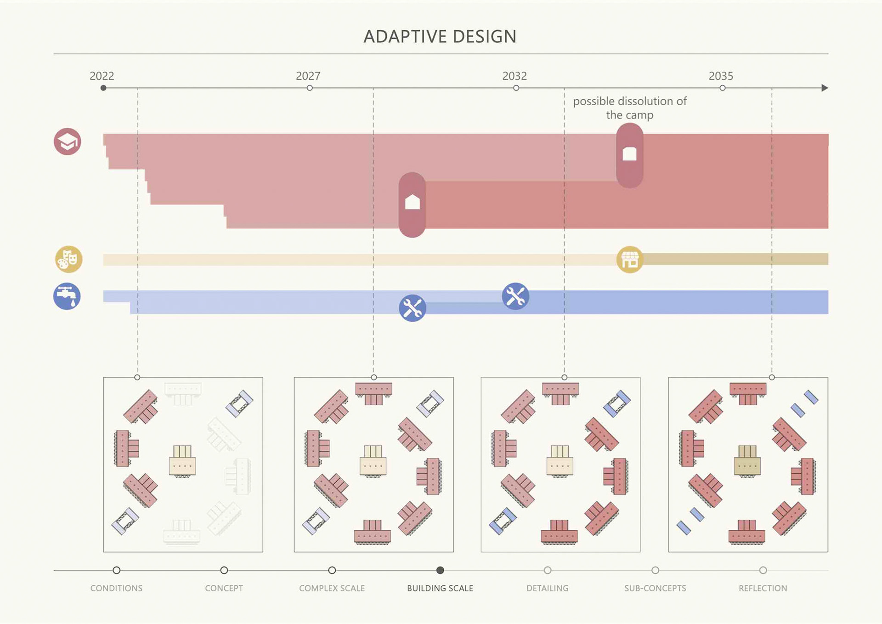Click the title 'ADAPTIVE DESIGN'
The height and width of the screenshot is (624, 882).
click(x=440, y=36)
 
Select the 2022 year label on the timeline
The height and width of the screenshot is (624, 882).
click(x=102, y=76)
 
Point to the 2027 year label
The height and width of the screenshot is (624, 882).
click(x=308, y=76)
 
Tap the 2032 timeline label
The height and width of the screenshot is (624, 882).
click(x=514, y=76)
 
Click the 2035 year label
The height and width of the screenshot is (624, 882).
click(x=720, y=76)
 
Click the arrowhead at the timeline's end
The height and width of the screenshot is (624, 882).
click(x=825, y=88)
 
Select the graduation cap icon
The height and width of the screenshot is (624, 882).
click(x=68, y=142)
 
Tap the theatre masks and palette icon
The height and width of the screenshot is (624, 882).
click(x=69, y=259)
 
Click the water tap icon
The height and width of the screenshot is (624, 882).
click(x=67, y=296)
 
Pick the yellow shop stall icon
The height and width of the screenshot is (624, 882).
click(x=629, y=260)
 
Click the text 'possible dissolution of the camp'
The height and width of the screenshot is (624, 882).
click(x=629, y=108)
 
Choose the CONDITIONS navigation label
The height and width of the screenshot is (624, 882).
click(x=116, y=588)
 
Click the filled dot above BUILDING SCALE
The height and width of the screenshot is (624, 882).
click(x=440, y=570)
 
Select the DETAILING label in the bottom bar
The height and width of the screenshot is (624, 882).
click(x=547, y=588)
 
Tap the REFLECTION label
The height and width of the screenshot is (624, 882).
click(x=763, y=588)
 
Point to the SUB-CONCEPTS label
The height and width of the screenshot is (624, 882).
click(x=655, y=588)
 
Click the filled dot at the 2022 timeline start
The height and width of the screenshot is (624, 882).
click(x=103, y=88)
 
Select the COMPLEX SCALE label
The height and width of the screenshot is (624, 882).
click(x=332, y=588)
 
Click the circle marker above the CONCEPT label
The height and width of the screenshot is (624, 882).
click(x=224, y=570)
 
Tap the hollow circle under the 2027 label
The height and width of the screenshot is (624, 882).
click(x=310, y=88)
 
